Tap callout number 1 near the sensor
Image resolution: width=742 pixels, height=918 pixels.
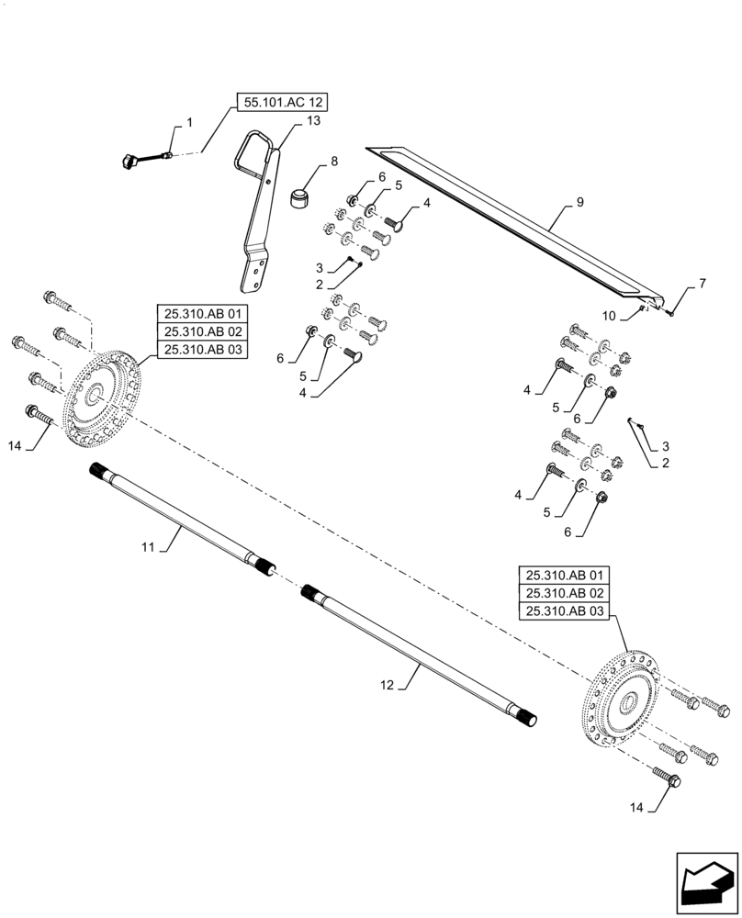pyautogui.click(x=189, y=121)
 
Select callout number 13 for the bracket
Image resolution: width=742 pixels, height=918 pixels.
pyautogui.click(x=288, y=121)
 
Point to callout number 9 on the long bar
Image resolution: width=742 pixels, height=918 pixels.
pyautogui.click(x=579, y=201)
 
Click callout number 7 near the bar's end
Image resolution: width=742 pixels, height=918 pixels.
pyautogui.click(x=703, y=285)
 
